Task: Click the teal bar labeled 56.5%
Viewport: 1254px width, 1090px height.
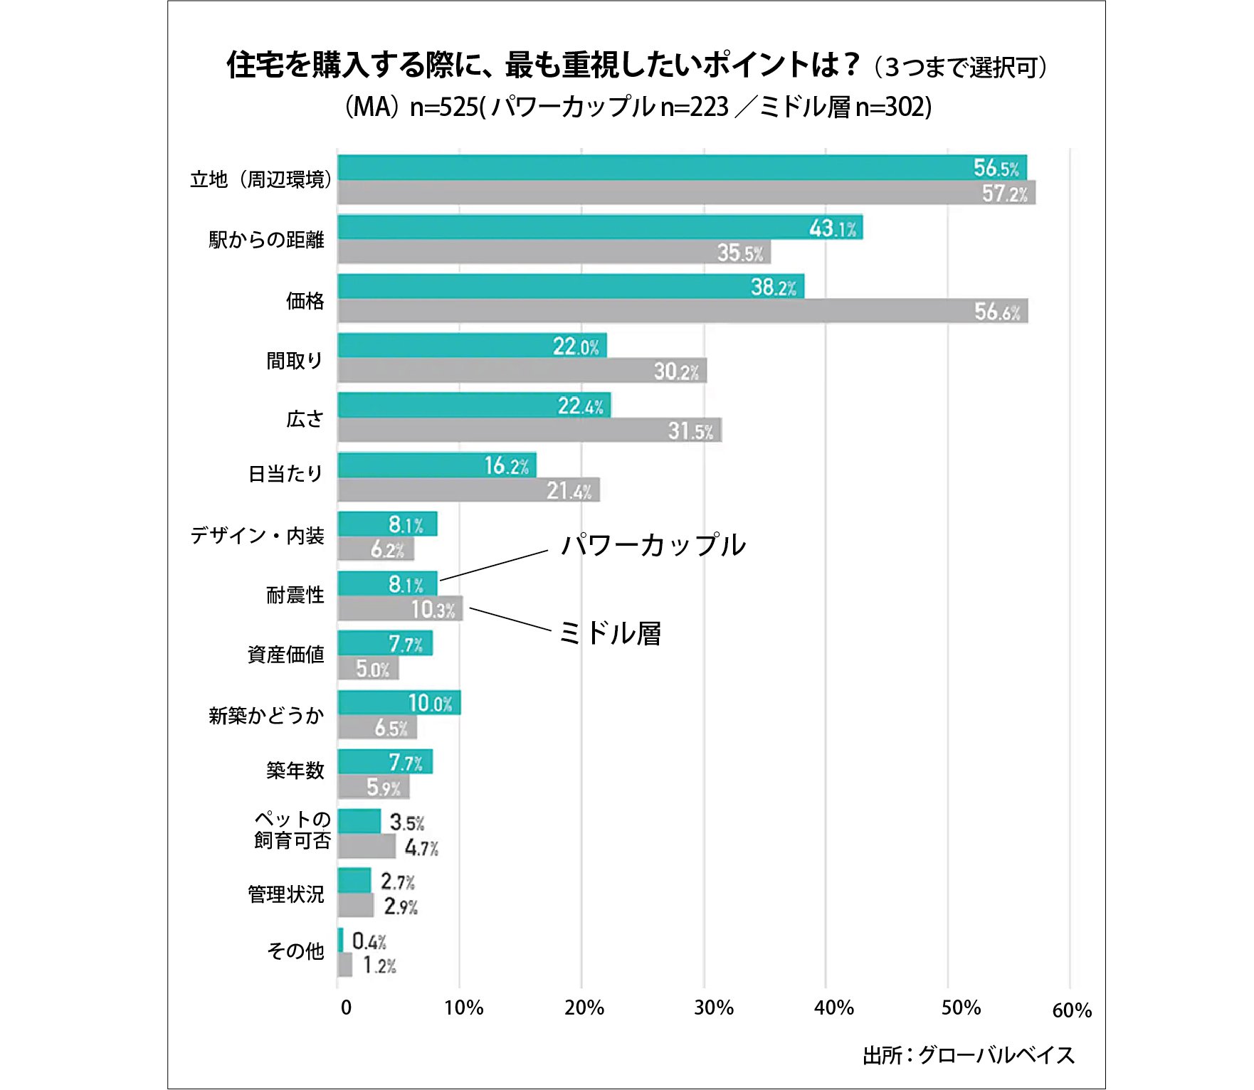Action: (x=681, y=167)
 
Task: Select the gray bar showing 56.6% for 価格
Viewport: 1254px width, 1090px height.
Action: (x=683, y=311)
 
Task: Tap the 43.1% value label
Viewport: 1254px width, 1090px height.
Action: (x=833, y=228)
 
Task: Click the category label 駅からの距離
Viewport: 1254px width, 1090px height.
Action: (x=266, y=240)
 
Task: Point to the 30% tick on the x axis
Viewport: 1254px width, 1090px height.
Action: (x=713, y=1007)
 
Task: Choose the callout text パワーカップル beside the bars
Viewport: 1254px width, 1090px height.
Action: (x=653, y=546)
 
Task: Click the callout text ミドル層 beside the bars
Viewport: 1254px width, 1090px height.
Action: (x=610, y=633)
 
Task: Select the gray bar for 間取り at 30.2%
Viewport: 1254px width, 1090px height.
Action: (x=522, y=371)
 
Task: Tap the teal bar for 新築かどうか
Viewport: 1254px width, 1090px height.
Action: (x=399, y=703)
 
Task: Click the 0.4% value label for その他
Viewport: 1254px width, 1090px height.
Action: (x=369, y=941)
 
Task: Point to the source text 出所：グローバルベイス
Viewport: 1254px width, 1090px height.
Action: (x=968, y=1055)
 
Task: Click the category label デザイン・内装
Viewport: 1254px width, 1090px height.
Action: (x=257, y=536)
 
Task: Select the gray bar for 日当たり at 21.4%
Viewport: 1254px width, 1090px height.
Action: (x=468, y=490)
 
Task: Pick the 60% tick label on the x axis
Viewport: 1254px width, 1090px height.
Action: (x=1071, y=1010)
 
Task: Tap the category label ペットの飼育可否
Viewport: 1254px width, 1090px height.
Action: (x=292, y=830)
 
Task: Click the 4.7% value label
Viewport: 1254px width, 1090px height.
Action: (x=421, y=848)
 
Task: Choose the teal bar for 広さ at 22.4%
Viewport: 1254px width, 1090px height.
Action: (x=473, y=406)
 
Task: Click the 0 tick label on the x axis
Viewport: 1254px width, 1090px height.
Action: (x=346, y=1007)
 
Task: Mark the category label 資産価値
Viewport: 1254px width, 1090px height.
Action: (x=285, y=655)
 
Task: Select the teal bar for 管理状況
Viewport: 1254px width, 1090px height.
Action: (x=354, y=881)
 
